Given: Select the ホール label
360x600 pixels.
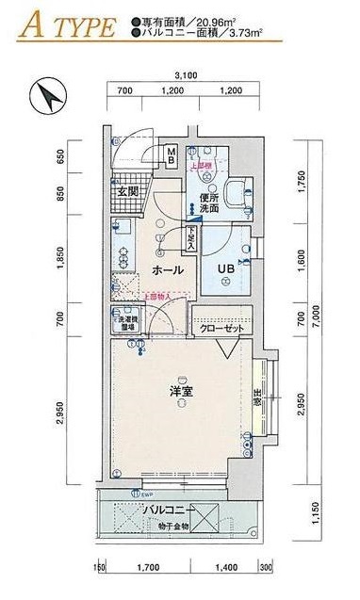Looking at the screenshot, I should (168, 270).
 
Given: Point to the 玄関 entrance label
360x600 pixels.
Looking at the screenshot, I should (127, 192).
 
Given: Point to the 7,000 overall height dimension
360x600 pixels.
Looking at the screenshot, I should (318, 320).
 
